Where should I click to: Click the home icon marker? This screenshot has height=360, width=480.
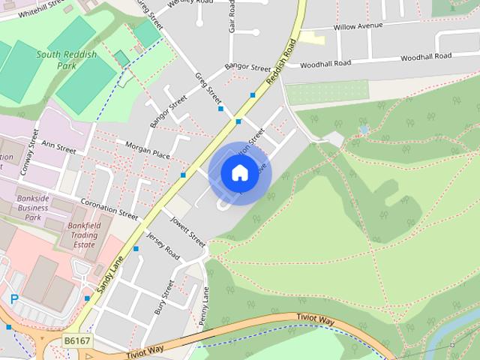click(239, 173)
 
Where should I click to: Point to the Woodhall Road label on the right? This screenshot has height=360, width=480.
click(426, 57)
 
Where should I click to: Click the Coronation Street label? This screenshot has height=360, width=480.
click(109, 208)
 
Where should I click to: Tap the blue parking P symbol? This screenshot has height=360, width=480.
click(13, 299)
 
